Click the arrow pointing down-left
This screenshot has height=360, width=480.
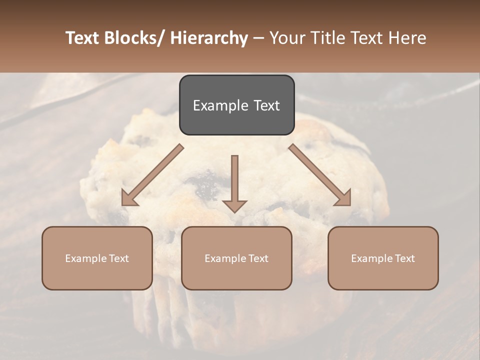[x=152, y=175]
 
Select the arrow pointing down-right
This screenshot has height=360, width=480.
[x=320, y=175]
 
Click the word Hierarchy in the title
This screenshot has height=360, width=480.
[x=209, y=38]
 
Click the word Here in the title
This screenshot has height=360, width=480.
[x=408, y=38]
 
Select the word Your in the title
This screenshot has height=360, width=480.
[x=286, y=38]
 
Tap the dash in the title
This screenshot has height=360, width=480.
[x=258, y=38]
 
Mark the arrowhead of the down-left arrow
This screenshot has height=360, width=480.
[x=128, y=198]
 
